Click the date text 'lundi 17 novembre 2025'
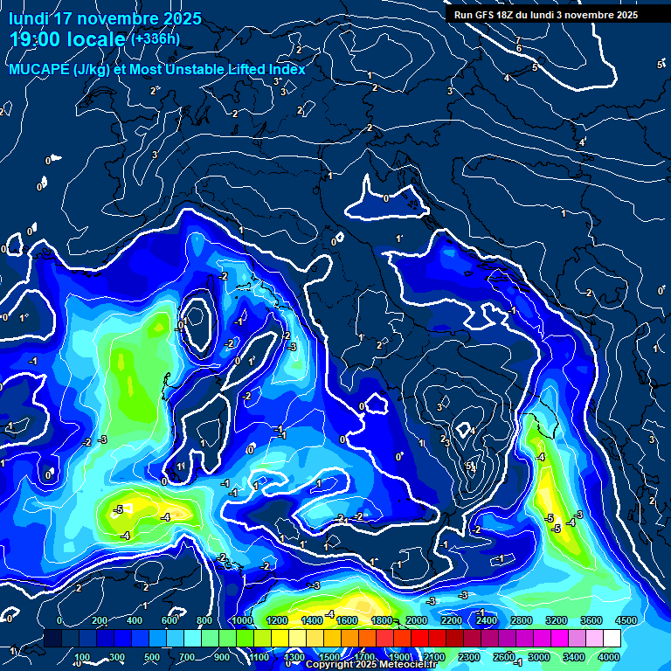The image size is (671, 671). [105, 18]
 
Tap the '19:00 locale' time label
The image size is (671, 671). [67, 39]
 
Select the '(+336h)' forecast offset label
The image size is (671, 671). [155, 38]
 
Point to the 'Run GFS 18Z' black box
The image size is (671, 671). [543, 14]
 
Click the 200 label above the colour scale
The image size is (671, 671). [99, 620]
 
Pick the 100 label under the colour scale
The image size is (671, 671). [81, 657]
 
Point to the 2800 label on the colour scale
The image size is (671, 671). [522, 620]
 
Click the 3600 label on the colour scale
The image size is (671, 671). [591, 620]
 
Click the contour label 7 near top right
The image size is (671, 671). [518, 40]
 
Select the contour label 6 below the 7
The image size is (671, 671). [518, 49]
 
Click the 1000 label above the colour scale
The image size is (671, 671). [240, 620]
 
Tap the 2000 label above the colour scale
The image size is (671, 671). [416, 620]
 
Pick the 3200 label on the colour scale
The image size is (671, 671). [557, 620]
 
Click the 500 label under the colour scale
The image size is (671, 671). [151, 657]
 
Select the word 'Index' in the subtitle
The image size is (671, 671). [285, 69]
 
